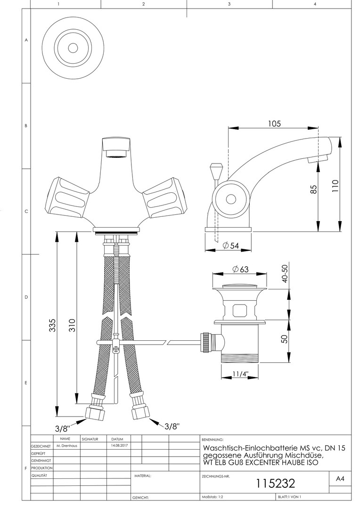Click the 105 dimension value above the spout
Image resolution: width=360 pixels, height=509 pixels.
pos(274,123)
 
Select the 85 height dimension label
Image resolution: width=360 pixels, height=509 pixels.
pos(313,189)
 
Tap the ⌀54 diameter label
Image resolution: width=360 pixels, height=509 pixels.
pos(231,246)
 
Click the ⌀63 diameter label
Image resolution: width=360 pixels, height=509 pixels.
pos(240,269)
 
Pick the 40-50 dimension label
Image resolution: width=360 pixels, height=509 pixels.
pos(285,273)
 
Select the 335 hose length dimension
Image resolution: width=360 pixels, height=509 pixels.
pos(52,325)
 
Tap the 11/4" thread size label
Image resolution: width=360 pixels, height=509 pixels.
pos(240,374)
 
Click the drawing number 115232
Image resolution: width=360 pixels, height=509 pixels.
pos(276,484)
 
